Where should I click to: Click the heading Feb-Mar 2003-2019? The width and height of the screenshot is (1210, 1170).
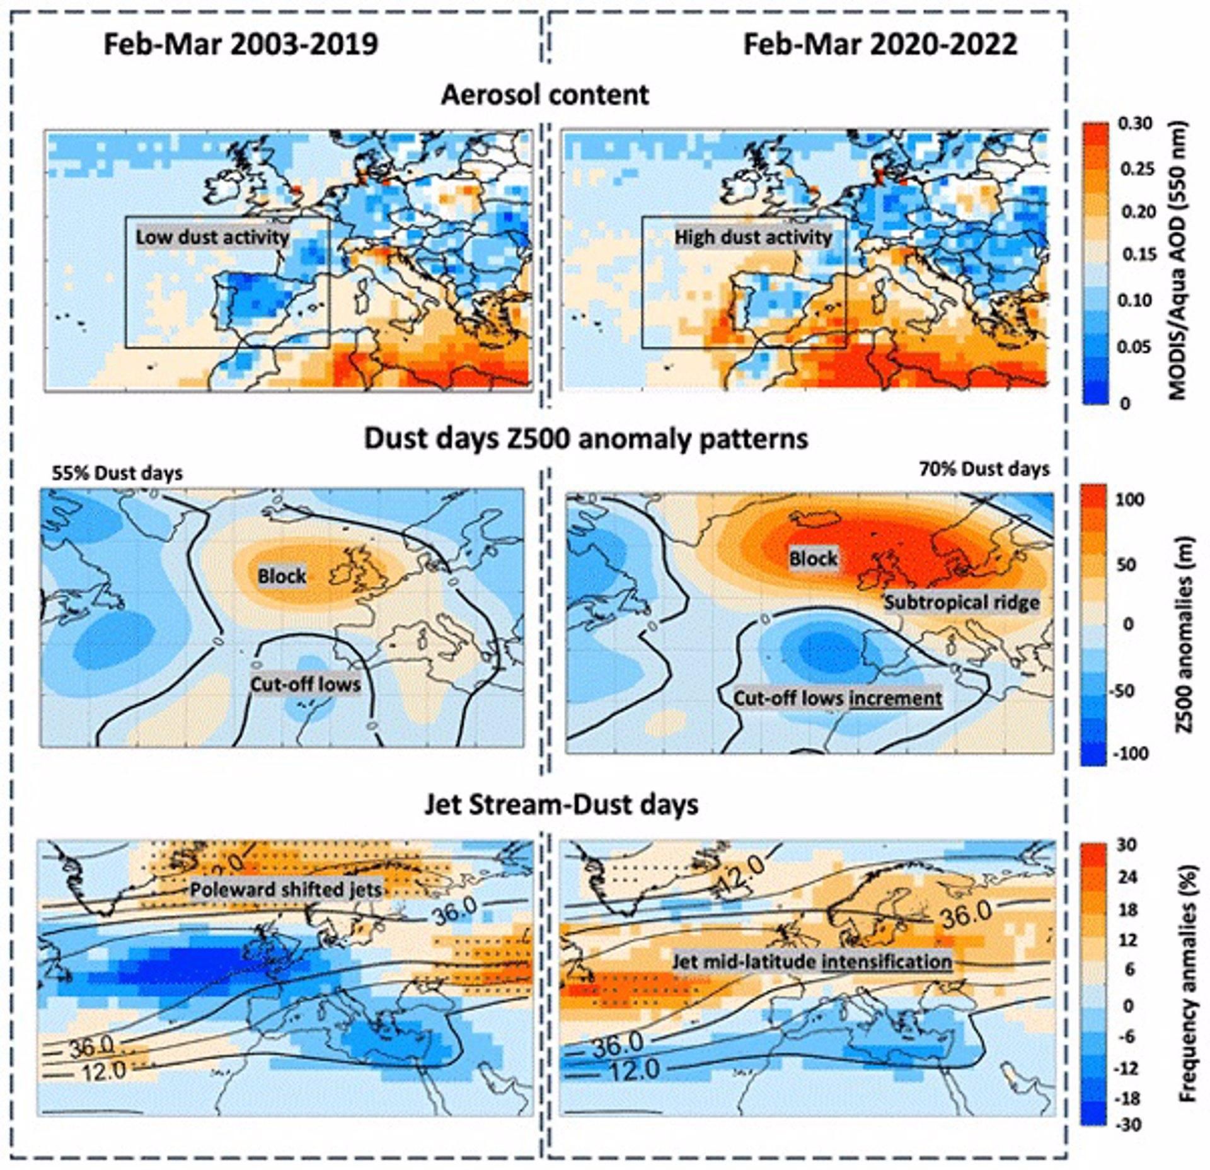pos(241,45)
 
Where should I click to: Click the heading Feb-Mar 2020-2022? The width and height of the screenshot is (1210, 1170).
pos(880,45)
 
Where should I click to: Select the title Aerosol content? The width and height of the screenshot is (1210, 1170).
pos(544,95)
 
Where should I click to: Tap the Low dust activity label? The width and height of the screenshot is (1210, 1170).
pos(212,238)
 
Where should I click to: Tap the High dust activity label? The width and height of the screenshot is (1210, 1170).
pos(753,238)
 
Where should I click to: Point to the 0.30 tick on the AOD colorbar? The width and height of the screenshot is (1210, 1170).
pos(1135,124)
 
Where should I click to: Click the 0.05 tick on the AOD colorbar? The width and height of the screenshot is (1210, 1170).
pos(1135,347)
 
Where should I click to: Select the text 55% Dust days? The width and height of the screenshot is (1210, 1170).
pos(117,473)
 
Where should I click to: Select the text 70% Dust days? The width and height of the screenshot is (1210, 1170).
pos(984,469)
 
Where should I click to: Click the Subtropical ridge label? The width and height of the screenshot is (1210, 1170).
pos(961,603)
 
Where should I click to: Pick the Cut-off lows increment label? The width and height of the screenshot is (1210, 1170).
pos(838,698)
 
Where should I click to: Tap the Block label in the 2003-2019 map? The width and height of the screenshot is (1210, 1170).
pos(282,576)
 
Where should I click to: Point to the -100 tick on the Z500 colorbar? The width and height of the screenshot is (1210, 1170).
pos(1135,753)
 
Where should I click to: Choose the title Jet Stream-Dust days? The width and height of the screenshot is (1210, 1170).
pos(561,805)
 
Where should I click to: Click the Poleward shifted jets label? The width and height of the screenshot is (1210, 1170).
pos(285,889)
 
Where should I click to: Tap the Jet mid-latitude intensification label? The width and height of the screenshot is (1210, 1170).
pos(812,961)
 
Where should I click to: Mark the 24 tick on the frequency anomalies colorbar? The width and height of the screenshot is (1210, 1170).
pos(1128,877)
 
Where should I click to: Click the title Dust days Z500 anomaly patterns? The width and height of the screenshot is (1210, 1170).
pos(586,438)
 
